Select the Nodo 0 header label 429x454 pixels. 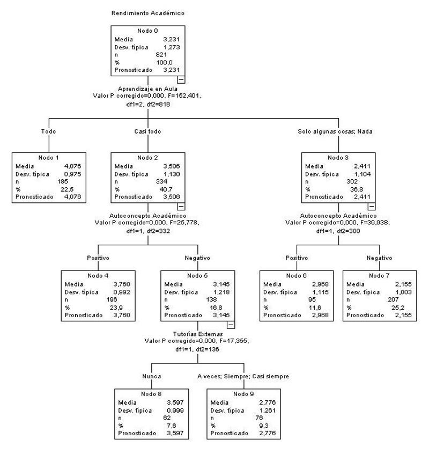click(149, 32)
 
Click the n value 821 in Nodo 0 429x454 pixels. click(161, 55)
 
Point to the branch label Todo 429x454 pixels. click(49, 131)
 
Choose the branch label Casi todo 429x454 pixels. click(147, 131)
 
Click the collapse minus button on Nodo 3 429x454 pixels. click(371, 206)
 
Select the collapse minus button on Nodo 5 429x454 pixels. click(231, 324)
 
